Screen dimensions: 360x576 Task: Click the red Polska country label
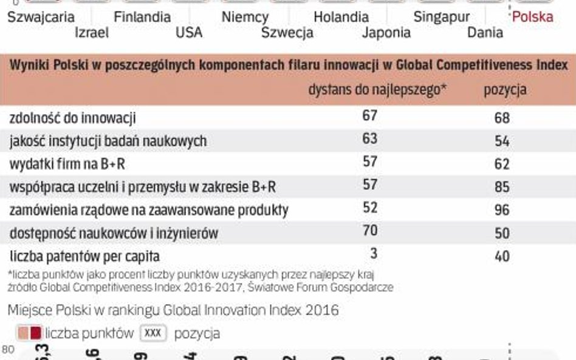pyautogui.click(x=532, y=17)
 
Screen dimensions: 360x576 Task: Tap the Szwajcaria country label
pyautogui.click(x=41, y=17)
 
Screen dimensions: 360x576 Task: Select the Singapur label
pyautogui.click(x=441, y=17)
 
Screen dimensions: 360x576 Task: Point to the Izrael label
pyautogui.click(x=92, y=33)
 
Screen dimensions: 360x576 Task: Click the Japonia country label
pyautogui.click(x=386, y=33)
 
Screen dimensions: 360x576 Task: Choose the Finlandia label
pyautogui.click(x=142, y=17)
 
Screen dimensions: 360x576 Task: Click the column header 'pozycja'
pyautogui.click(x=504, y=90)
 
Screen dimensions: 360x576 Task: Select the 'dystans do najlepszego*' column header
pyautogui.click(x=377, y=90)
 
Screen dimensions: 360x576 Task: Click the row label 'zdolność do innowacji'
pyautogui.click(x=72, y=118)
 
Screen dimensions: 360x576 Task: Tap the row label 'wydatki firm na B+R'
pyautogui.click(x=67, y=164)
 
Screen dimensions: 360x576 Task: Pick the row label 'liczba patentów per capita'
pyautogui.click(x=84, y=256)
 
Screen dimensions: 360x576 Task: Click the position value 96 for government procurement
pyautogui.click(x=502, y=210)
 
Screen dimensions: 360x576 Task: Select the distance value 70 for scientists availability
pyautogui.click(x=369, y=231)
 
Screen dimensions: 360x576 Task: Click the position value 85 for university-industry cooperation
pyautogui.click(x=502, y=187)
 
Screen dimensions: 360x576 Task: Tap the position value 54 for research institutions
pyautogui.click(x=502, y=141)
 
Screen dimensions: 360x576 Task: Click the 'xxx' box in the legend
pyautogui.click(x=154, y=333)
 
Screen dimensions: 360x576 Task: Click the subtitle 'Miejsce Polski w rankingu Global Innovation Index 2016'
pyautogui.click(x=173, y=310)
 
